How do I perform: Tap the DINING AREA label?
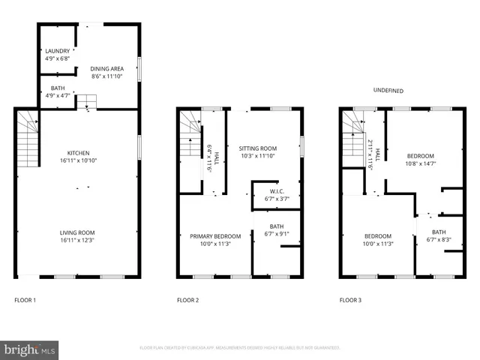coord(107,69)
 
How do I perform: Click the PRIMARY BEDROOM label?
coord(209,235)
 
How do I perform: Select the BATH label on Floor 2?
coord(277,226)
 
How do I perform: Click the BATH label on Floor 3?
coord(439,232)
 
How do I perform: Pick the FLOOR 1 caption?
coord(25,301)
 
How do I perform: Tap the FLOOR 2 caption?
coord(187,301)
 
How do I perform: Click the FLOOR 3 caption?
coord(350,301)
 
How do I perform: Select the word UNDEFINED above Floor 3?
coord(388,91)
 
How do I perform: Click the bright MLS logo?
coord(30,349)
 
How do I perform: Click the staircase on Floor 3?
coord(352,140)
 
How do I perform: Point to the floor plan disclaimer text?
coord(240,348)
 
